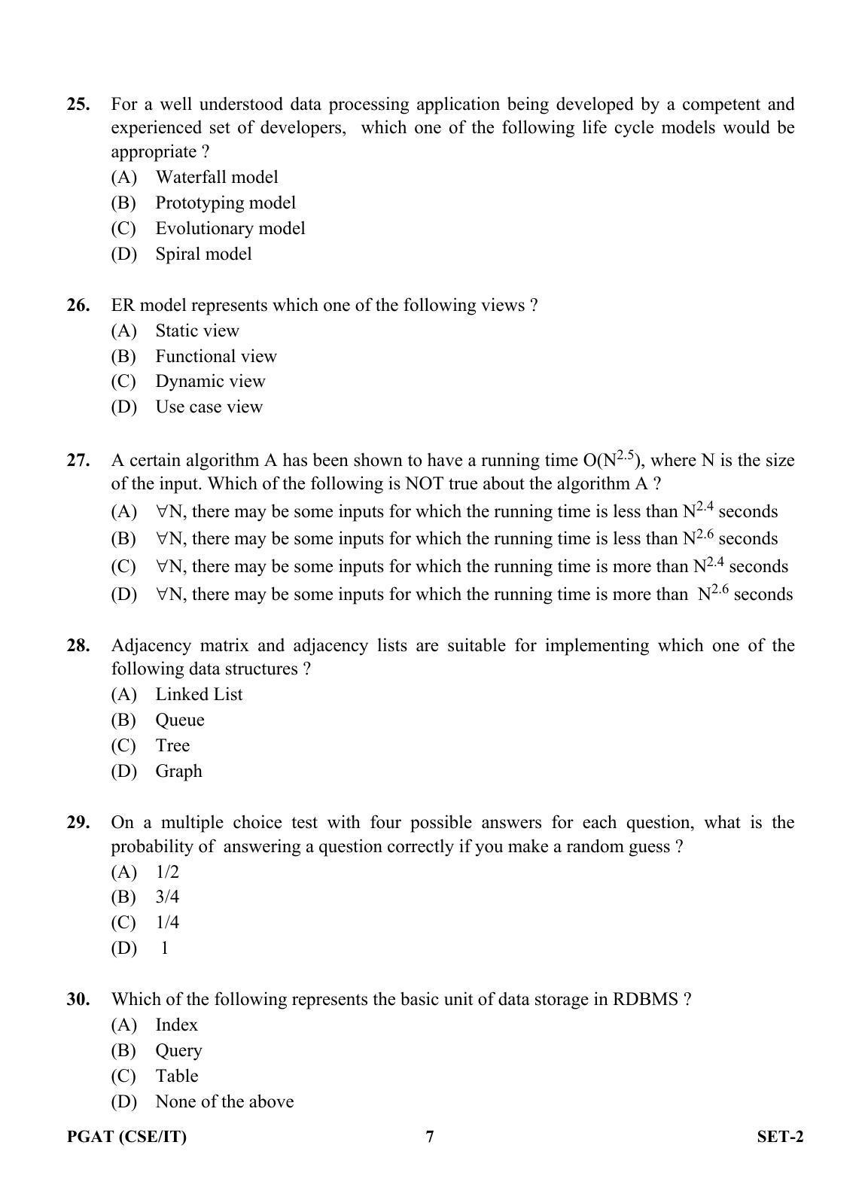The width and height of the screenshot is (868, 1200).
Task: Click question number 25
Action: pyautogui.click(x=78, y=104)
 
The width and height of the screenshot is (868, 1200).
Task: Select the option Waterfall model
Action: pyautogui.click(x=216, y=177)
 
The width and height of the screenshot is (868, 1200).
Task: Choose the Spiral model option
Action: pyautogui.click(x=203, y=254)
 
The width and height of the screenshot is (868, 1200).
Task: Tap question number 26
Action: pyautogui.click(x=78, y=305)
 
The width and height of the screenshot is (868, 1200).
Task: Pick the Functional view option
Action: pyautogui.click(x=216, y=356)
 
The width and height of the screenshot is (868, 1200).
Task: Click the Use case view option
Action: pyautogui.click(x=209, y=407)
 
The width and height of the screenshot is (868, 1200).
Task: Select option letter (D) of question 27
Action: pyautogui.click(x=123, y=594)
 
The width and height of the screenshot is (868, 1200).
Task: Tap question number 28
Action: pyautogui.click(x=78, y=645)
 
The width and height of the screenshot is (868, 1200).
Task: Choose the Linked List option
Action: pyautogui.click(x=199, y=694)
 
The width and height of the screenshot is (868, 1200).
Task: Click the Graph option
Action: pyautogui.click(x=178, y=771)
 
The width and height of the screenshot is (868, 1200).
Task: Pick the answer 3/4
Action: pyautogui.click(x=167, y=897)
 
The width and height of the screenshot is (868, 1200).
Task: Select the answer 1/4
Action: pyautogui.click(x=167, y=922)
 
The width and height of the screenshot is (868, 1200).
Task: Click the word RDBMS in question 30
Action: pyautogui.click(x=645, y=999)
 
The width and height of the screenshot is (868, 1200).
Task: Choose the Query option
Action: pyautogui.click(x=178, y=1050)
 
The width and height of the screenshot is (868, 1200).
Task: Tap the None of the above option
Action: pyautogui.click(x=224, y=1101)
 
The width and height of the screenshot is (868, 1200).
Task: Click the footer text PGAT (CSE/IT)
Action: pyautogui.click(x=126, y=1136)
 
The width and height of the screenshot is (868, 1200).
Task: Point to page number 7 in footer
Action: pyautogui.click(x=430, y=1136)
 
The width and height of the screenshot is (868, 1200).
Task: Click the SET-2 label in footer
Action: pyautogui.click(x=780, y=1136)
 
